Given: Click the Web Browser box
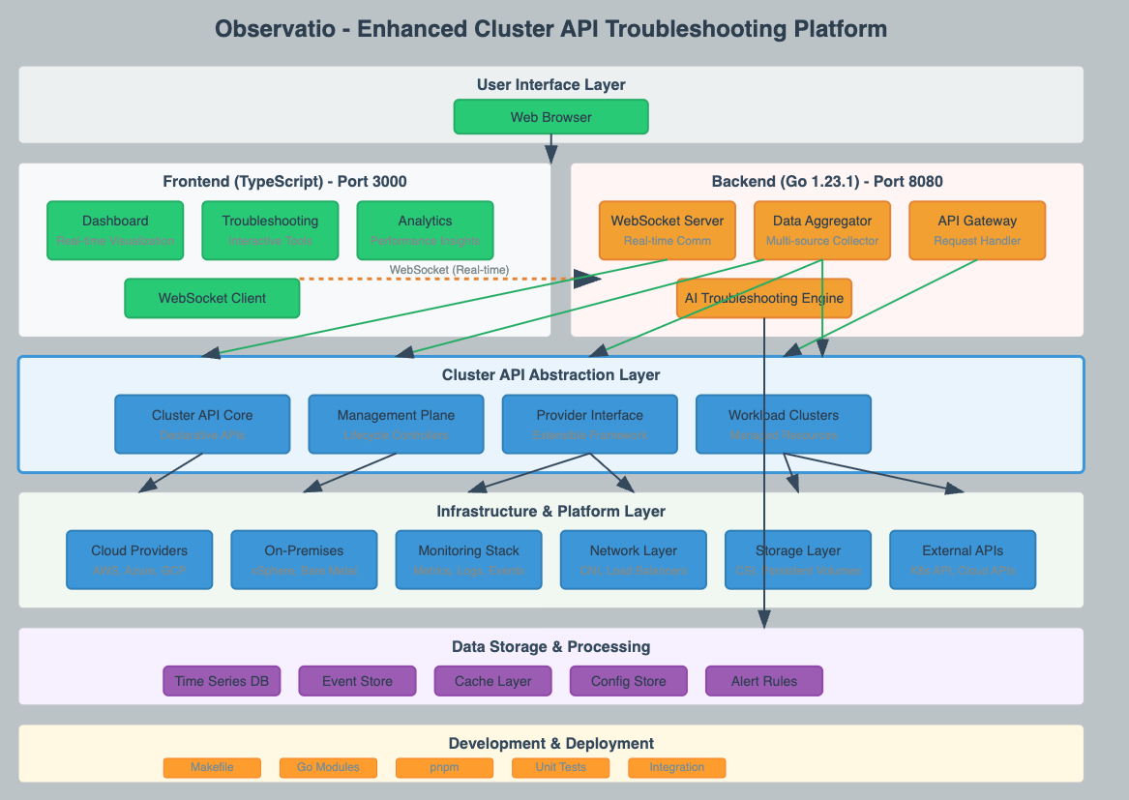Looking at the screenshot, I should click(550, 117).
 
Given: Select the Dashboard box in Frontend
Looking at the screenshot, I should click(115, 230).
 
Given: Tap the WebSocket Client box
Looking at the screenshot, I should click(212, 298).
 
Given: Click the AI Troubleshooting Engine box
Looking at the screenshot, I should click(764, 298).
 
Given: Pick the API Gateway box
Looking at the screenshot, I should click(977, 230).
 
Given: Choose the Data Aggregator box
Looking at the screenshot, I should click(822, 230).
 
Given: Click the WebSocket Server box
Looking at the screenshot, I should click(668, 230).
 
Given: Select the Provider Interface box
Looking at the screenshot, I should click(589, 424).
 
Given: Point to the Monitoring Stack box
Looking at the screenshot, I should click(468, 559).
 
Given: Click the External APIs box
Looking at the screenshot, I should click(963, 559).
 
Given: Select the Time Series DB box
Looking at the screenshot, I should click(222, 681).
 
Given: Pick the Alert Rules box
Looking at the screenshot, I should click(764, 681).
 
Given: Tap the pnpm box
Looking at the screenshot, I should click(444, 767).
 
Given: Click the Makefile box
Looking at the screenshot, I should click(212, 767).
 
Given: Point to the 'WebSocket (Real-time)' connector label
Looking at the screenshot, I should click(449, 269).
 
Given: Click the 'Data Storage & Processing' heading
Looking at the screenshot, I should click(550, 646).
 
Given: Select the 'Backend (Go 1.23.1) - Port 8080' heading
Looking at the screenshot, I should click(826, 182).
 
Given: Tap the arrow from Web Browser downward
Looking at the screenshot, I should click(550, 149).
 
